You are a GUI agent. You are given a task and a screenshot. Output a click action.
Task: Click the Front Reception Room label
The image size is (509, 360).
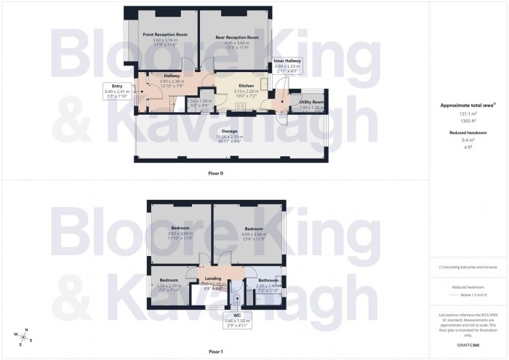pyautogui.click(x=165, y=34)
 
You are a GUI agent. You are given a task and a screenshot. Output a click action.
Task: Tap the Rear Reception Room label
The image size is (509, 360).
pyautogui.click(x=237, y=37)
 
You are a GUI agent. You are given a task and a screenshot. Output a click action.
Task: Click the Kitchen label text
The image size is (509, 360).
pyautogui.click(x=247, y=85)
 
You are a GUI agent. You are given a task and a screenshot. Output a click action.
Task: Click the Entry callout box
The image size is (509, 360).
pyautogui.click(x=116, y=91)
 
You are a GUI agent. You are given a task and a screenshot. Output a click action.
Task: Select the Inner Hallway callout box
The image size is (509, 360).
pyautogui.click(x=287, y=66)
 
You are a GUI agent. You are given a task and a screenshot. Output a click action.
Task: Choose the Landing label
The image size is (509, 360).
pyautogui.click(x=213, y=278)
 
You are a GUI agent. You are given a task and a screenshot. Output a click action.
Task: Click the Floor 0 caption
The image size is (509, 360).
pyautogui.click(x=216, y=172)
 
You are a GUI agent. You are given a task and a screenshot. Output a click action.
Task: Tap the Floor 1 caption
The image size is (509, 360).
pyautogui.click(x=216, y=351)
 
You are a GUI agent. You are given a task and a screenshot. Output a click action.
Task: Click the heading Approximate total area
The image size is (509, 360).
pyautogui.click(x=466, y=105)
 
